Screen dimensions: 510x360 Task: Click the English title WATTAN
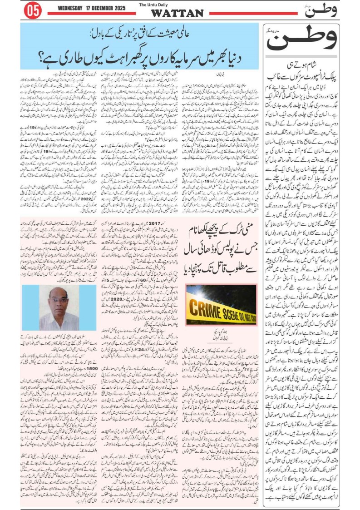177,13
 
